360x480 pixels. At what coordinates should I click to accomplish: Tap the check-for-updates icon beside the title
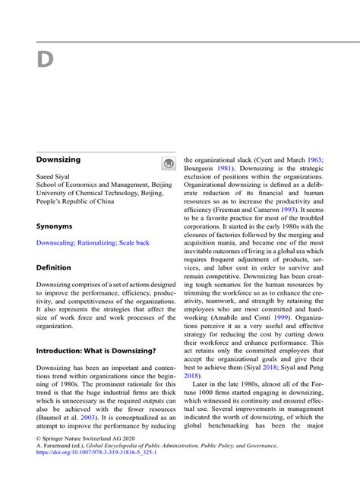point(169,163)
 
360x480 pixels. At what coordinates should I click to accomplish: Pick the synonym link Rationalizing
point(99,243)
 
